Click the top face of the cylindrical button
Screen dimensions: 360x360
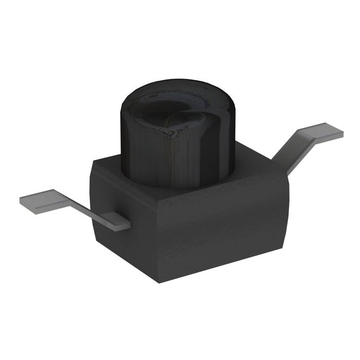click(177, 108)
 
